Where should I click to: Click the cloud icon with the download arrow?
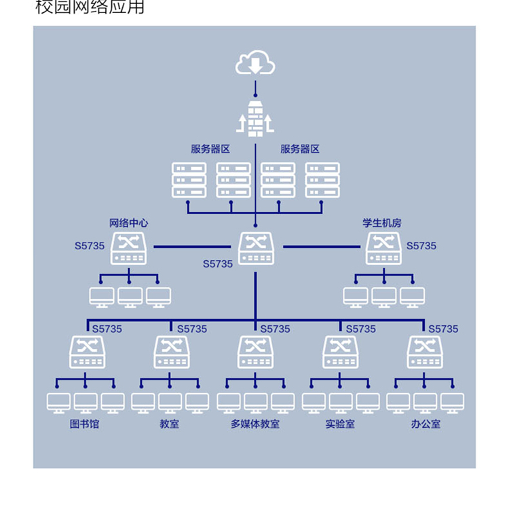pos(255,65)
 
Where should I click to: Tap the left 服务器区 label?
pos(210,149)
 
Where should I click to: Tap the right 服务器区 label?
pos(300,149)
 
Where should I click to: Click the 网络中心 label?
pos(129,223)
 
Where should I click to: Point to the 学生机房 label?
pos(382,223)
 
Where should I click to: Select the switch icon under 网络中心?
pos(129,249)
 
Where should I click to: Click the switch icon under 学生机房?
pos(383,249)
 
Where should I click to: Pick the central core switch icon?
pos(256,249)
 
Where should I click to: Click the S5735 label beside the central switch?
pos(217,263)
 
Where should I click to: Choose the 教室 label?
pos(170,424)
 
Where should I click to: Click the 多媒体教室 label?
pos(254,424)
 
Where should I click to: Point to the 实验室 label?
pos(339,424)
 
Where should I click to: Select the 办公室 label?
pos(426,424)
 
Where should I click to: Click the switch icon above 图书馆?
pos(87,352)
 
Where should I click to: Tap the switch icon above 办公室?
pos(425,352)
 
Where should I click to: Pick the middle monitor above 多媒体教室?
pos(255,403)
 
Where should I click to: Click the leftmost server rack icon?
pos(189,180)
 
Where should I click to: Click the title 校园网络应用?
pos(90,8)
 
